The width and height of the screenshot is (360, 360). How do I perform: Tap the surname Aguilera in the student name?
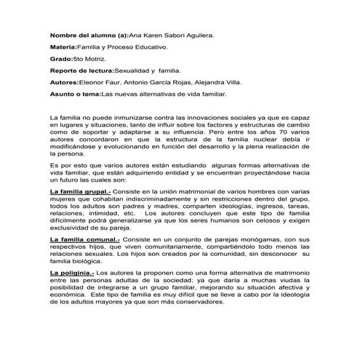pyautogui.click(x=196, y=35)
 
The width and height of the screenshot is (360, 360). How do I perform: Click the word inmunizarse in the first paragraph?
pyautogui.click(x=138, y=117)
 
